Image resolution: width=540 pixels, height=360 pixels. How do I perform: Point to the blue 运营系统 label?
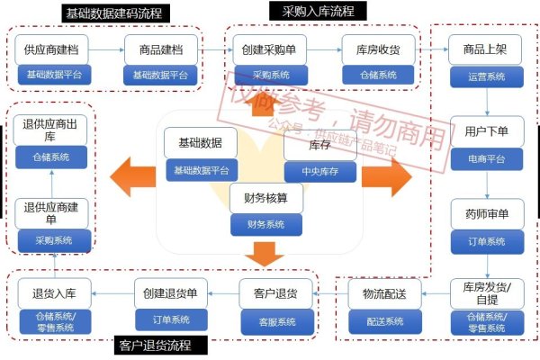487,76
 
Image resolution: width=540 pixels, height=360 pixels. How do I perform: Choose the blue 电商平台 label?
487,158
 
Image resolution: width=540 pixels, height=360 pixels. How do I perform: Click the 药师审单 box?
487,214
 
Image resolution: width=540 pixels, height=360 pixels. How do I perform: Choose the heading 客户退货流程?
163,346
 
